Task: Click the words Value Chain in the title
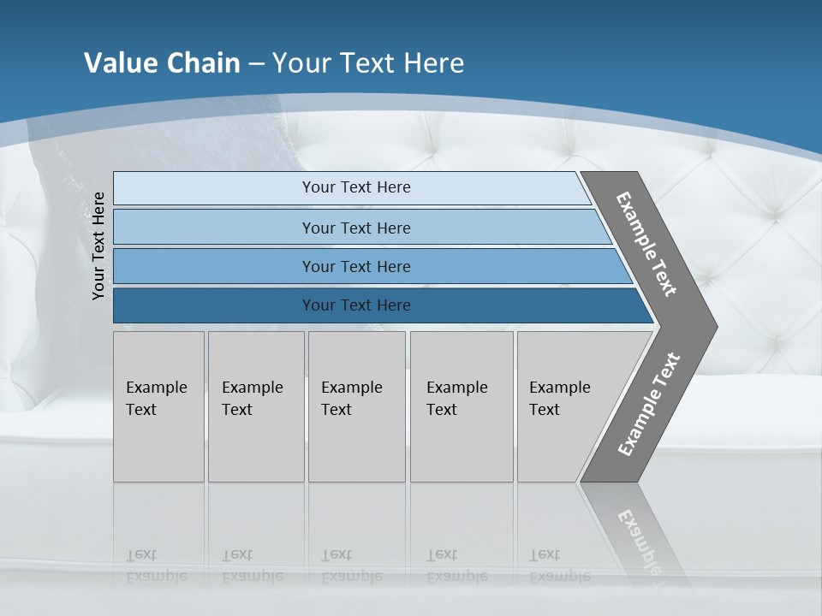(x=162, y=63)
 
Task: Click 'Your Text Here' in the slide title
(x=368, y=63)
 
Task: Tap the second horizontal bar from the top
(x=355, y=228)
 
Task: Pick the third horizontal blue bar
(x=355, y=266)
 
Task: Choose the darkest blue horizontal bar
(x=355, y=305)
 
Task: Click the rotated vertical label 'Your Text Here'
(x=98, y=246)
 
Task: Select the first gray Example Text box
(x=158, y=406)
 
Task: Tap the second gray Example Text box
(x=255, y=406)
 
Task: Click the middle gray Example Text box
(x=356, y=406)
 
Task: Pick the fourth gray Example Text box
(x=461, y=406)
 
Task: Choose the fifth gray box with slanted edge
(x=565, y=406)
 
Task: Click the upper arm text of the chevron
(x=646, y=244)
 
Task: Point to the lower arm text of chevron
(x=648, y=405)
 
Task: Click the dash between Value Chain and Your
(x=256, y=64)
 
